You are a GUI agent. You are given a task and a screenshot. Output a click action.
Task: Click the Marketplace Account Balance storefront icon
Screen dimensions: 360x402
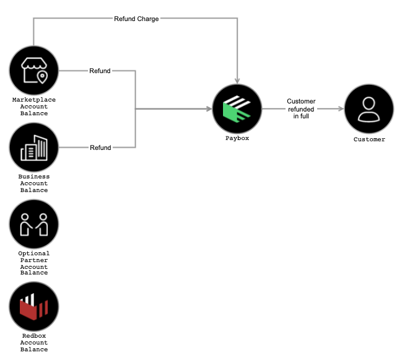pyautogui.click(x=34, y=70)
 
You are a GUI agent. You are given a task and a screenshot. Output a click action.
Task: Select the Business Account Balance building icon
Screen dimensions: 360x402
pyautogui.click(x=34, y=147)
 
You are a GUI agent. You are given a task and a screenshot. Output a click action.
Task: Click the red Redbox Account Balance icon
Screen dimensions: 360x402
pyautogui.click(x=34, y=307)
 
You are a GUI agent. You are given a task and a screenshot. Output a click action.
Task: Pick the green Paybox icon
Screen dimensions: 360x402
pyautogui.click(x=237, y=108)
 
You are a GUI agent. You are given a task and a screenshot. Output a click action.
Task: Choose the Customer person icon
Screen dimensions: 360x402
pyautogui.click(x=369, y=108)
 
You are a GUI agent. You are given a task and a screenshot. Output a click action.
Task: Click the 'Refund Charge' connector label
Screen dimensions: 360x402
pyautogui.click(x=136, y=19)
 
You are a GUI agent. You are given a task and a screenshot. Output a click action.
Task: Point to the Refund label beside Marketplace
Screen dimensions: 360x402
pyautogui.click(x=100, y=71)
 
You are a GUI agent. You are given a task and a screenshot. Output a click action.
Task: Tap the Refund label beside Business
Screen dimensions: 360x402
pyautogui.click(x=100, y=147)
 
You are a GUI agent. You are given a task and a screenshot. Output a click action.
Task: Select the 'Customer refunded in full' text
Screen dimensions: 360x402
pyautogui.click(x=301, y=108)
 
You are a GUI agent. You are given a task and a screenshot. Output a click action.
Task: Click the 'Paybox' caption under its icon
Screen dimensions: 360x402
pyautogui.click(x=237, y=138)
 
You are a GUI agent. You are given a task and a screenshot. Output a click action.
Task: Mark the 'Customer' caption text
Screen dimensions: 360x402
pyautogui.click(x=369, y=139)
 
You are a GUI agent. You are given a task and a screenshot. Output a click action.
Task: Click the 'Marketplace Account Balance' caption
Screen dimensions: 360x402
pyautogui.click(x=34, y=107)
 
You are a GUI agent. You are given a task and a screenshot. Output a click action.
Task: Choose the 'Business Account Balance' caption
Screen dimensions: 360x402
pyautogui.click(x=34, y=183)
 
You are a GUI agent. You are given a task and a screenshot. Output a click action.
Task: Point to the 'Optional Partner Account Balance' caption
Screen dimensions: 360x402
pyautogui.click(x=34, y=263)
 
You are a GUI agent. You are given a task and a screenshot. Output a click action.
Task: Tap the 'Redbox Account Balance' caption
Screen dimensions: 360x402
pyautogui.click(x=34, y=343)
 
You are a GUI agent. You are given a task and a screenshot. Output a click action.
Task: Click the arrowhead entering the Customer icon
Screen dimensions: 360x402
pyautogui.click(x=340, y=108)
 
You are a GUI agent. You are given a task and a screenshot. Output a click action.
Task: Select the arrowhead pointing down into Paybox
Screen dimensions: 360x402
pyautogui.click(x=237, y=81)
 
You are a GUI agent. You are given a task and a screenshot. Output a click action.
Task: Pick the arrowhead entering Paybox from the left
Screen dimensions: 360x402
pyautogui.click(x=208, y=109)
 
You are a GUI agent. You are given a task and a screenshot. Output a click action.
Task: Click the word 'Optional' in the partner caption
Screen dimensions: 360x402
pyautogui.click(x=34, y=253)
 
